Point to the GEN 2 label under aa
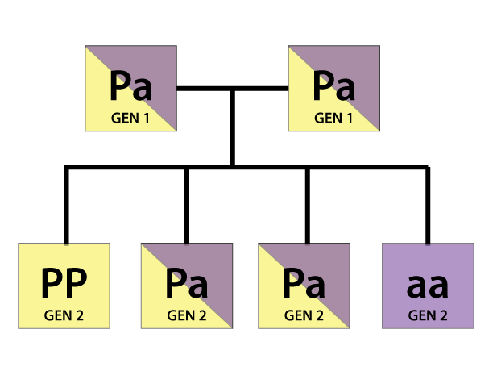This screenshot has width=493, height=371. pos(428,314)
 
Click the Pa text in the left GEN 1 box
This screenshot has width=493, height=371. pos(130,85)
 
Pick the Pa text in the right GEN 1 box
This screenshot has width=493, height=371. pos(333,85)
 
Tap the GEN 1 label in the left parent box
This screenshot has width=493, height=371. pos(130,118)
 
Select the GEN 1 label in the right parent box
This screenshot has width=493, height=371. pos(333,118)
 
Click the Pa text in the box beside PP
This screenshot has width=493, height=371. pos(187,283)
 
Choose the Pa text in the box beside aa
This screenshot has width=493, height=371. pos(304,283)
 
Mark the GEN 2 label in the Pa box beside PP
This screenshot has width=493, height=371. pos(187,314)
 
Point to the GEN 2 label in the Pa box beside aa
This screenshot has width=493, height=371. pos(304,314)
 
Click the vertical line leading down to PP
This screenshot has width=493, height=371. pos(66,206)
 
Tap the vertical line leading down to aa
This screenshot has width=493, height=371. pos(427,206)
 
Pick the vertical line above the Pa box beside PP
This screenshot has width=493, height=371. pos(187,206)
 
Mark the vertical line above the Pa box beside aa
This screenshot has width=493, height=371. pos(307,206)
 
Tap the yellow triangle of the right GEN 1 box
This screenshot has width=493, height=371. pos(306,113)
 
